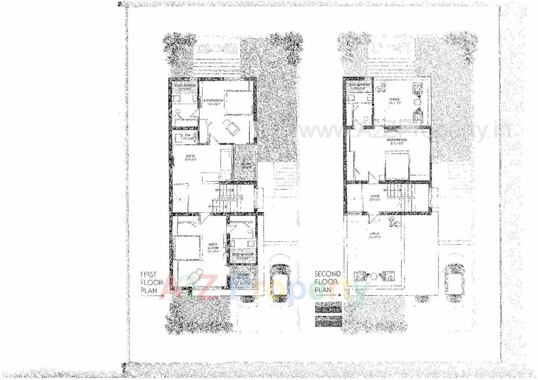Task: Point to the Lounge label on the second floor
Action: tap(374, 196)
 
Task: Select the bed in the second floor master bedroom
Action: tap(397, 166)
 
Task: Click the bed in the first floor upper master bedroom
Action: tap(238, 103)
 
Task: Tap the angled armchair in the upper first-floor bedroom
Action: tap(231, 126)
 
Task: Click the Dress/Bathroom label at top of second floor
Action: tap(358, 87)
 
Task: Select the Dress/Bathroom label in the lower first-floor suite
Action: tap(243, 256)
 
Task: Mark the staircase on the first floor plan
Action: tap(229, 198)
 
